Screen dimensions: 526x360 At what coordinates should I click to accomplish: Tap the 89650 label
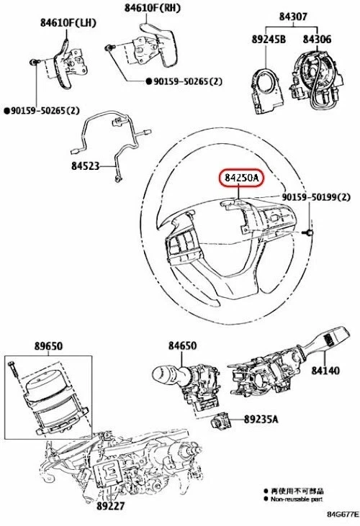[x=48, y=346]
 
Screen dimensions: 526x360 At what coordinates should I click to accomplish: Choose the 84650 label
[x=182, y=346]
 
